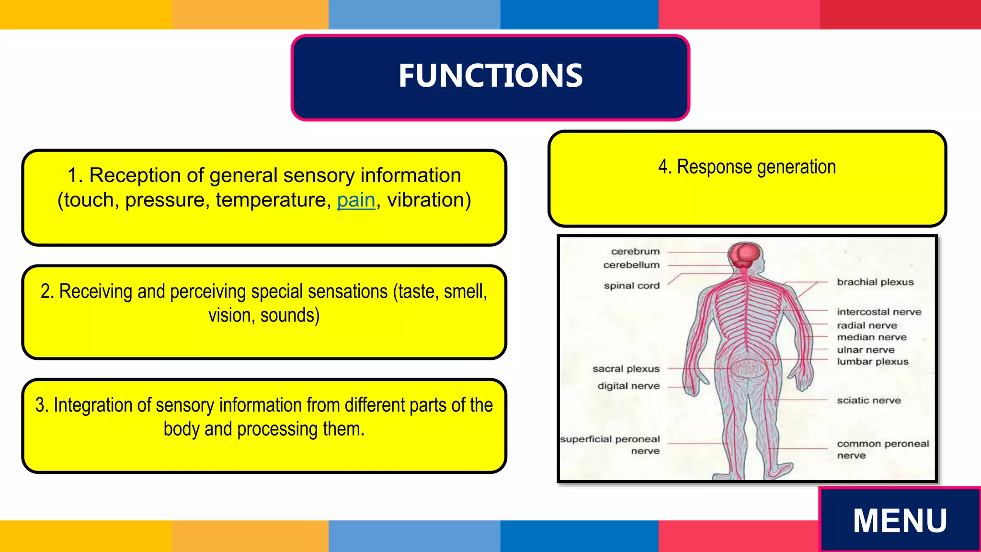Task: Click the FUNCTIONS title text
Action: (x=490, y=76)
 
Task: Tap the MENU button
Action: (x=900, y=521)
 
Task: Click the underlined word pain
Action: (x=356, y=200)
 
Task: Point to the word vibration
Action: (x=426, y=200)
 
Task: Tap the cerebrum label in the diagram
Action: (x=635, y=252)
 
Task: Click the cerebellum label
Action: (x=631, y=265)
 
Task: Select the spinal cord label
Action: (x=631, y=286)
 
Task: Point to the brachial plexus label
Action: (x=875, y=282)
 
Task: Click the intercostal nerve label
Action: (x=879, y=312)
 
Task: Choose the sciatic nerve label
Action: (x=868, y=401)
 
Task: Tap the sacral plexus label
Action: (x=626, y=369)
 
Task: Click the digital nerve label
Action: (x=628, y=386)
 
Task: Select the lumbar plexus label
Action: (x=872, y=362)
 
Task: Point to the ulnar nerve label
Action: (x=866, y=350)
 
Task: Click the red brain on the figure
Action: (x=744, y=255)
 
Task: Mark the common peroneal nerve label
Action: (x=882, y=449)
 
